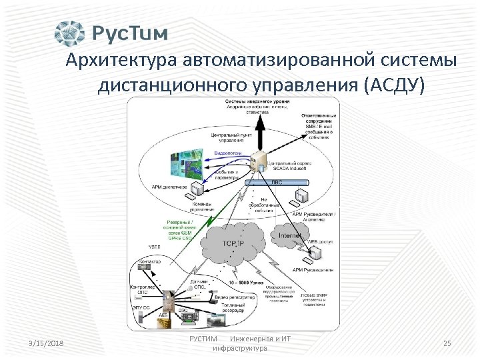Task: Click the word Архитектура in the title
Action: [117, 61]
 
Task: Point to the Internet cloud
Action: [291, 235]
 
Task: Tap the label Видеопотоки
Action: [227, 153]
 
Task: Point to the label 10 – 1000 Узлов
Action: [246, 283]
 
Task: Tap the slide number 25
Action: [447, 343]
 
